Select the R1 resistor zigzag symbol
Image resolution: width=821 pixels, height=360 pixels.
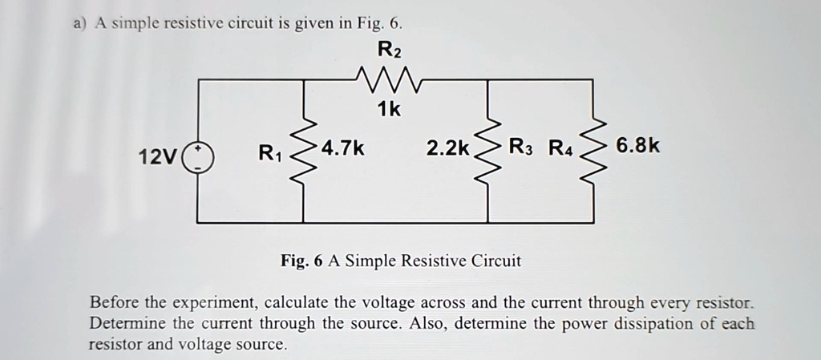pyautogui.click(x=303, y=152)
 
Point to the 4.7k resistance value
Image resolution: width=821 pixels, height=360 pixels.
pyautogui.click(x=343, y=148)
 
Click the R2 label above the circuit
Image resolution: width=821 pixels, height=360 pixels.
pyautogui.click(x=388, y=51)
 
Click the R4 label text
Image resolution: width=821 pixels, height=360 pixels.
pyautogui.click(x=562, y=148)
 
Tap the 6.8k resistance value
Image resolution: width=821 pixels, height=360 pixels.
pyautogui.click(x=638, y=148)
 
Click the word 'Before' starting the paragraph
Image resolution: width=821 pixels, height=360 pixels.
pyautogui.click(x=115, y=304)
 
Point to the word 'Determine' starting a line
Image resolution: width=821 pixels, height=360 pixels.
pyautogui.click(x=125, y=324)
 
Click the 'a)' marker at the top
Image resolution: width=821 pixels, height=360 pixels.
pyautogui.click(x=79, y=22)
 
